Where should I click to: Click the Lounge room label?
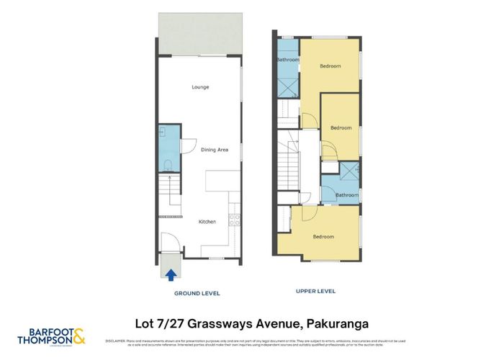coord(200,87)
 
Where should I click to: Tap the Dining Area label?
coord(214,150)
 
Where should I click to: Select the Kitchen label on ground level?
coord(207,222)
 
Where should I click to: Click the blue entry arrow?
coord(171,274)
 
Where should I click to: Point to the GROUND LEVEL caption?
coord(197,294)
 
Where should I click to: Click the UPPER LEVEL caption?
coord(315,292)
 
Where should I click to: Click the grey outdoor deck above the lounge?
coord(200,44)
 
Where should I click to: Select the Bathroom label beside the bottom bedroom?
coord(346,195)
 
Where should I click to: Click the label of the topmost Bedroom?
coord(330,66)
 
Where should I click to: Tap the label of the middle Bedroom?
coord(341,128)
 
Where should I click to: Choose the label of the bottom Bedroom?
coord(323,236)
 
